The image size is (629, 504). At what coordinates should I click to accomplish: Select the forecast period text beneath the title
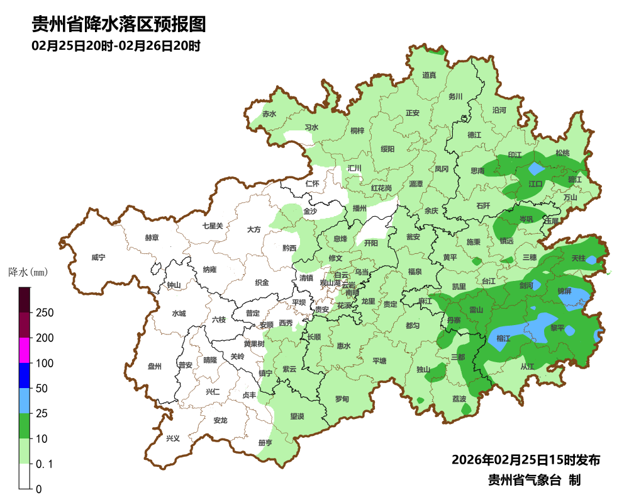(x=116, y=46)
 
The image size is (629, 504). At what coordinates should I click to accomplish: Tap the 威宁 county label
(x=98, y=258)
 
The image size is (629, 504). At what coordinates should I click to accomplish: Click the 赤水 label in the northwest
(x=269, y=114)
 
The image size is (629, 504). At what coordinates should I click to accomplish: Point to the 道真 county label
(x=429, y=76)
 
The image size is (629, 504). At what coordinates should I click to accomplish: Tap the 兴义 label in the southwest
(x=172, y=438)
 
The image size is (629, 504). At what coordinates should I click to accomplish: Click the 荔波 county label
(x=459, y=399)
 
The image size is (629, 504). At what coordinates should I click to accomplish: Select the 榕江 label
(x=503, y=338)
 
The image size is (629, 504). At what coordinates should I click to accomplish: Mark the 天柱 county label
(x=578, y=258)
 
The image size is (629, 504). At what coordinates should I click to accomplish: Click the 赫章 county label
(x=152, y=238)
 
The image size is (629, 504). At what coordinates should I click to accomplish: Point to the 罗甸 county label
(x=342, y=399)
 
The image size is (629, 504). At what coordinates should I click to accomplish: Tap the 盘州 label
(x=155, y=366)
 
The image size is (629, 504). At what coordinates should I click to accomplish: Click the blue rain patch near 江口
(x=535, y=169)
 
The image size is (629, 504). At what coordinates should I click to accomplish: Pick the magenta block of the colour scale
(x=25, y=350)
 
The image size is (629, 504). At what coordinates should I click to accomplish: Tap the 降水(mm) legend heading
(x=28, y=273)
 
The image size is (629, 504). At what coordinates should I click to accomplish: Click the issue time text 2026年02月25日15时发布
(x=526, y=460)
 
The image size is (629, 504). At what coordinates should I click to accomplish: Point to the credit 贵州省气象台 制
(x=534, y=480)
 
